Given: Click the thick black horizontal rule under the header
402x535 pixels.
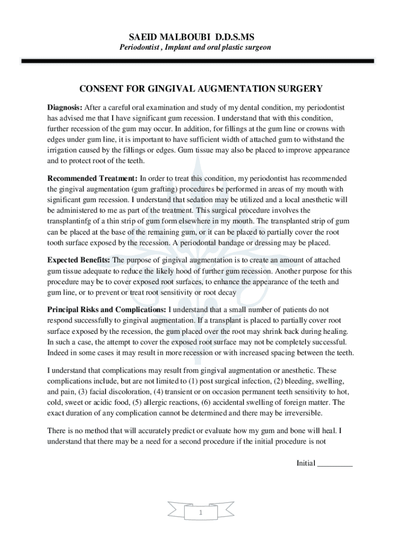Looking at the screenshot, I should click(x=197, y=61).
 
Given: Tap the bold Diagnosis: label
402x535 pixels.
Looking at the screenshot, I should click(x=65, y=107).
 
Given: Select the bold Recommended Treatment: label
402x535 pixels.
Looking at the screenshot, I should click(x=92, y=179).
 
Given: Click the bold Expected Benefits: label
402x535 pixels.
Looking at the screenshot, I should click(x=78, y=260).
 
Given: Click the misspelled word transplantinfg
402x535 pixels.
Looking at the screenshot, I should click(x=69, y=221).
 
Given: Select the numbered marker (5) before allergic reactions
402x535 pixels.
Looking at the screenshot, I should click(x=144, y=402).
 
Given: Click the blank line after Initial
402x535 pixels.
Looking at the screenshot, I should click(x=335, y=463).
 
